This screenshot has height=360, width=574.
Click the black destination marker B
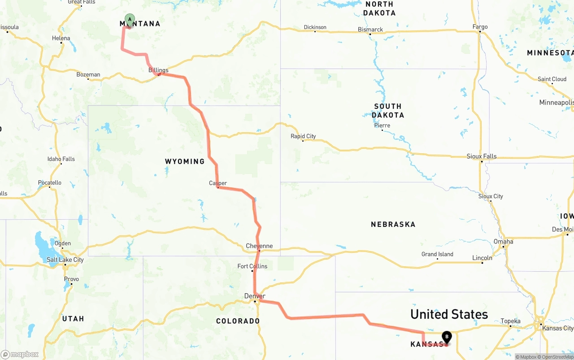(x=447, y=337)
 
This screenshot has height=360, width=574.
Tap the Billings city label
(x=158, y=70)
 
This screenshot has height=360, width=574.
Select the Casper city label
(x=218, y=183)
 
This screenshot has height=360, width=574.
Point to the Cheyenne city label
(x=259, y=246)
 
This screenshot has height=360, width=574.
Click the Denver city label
(x=255, y=296)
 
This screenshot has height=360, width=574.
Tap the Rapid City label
(x=303, y=136)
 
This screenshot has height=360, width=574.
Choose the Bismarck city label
(x=370, y=30)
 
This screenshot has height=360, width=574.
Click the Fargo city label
(x=480, y=27)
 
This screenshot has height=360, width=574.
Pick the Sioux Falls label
(x=482, y=156)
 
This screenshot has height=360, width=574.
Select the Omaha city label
(x=504, y=242)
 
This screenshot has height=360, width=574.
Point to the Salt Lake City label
(x=65, y=260)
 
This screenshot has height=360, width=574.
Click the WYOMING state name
(x=185, y=161)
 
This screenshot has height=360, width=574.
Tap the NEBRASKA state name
(x=393, y=224)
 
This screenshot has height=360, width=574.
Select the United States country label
(x=449, y=314)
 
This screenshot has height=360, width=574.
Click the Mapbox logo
(x=20, y=355)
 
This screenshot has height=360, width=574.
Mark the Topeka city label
(x=510, y=321)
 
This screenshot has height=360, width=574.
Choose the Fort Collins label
(x=252, y=266)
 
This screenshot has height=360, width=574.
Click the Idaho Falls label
(x=61, y=159)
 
